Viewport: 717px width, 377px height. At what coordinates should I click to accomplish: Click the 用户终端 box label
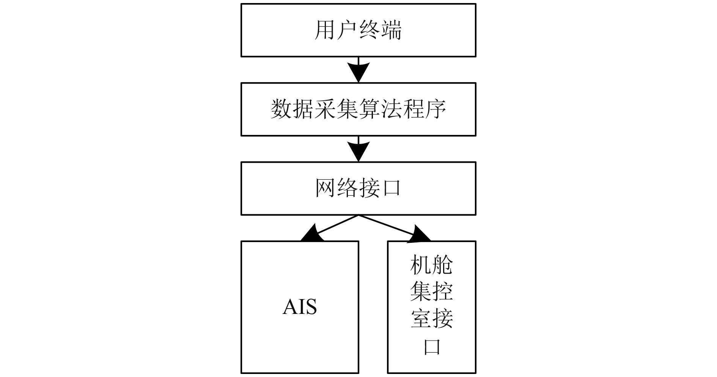(x=358, y=30)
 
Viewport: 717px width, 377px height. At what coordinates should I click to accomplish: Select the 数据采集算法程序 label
(x=358, y=109)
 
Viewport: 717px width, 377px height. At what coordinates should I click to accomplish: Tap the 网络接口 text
(x=358, y=188)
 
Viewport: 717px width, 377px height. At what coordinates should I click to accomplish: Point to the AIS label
(x=300, y=307)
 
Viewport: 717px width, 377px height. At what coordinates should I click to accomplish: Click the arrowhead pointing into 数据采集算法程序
(x=358, y=72)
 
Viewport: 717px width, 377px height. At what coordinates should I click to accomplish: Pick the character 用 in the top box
(x=325, y=30)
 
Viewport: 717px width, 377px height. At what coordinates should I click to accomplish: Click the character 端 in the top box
(x=391, y=30)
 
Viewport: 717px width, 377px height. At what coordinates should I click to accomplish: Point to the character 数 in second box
(x=281, y=109)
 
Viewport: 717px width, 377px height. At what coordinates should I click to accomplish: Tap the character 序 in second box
(x=435, y=109)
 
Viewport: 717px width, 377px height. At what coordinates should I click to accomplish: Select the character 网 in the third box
(x=325, y=188)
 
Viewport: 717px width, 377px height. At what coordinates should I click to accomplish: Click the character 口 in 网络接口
(x=391, y=188)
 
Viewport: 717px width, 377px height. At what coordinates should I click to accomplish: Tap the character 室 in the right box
(x=421, y=318)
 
